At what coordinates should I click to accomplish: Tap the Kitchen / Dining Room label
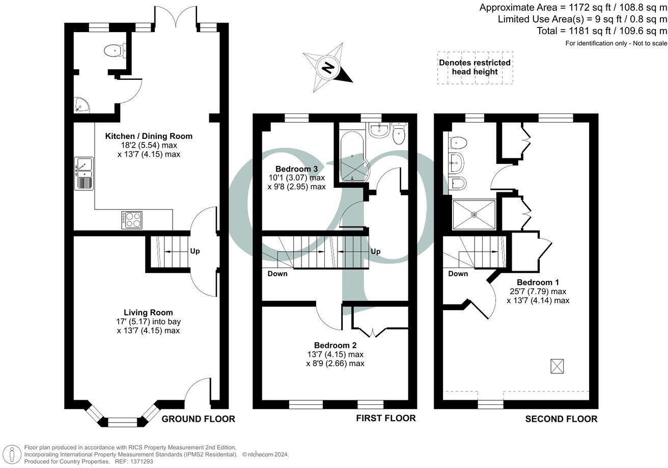coord(149,136)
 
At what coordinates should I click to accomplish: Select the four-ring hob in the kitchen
coord(132,219)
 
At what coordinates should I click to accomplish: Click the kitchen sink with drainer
coord(84,173)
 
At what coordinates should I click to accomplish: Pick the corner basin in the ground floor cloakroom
coord(80,105)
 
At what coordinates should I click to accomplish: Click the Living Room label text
coord(148,312)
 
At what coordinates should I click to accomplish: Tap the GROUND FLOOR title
coord(198,419)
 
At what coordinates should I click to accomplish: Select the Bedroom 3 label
coord(296,169)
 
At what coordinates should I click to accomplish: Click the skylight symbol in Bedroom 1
coord(558,365)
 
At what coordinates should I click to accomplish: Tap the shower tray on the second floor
coord(474,214)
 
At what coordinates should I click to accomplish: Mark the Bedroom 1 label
coord(538,282)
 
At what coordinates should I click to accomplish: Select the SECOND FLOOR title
coord(561,419)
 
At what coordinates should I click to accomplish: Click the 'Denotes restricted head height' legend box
coord(475,67)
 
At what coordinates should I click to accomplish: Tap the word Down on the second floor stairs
coord(458,274)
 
